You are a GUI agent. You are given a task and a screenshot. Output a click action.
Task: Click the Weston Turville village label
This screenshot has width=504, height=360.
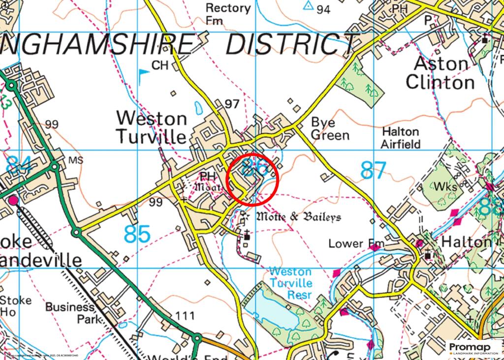[152, 127]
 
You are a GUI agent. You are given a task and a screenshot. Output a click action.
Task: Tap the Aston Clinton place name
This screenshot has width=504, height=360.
[441, 73]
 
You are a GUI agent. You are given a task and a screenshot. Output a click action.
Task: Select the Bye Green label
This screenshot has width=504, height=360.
[330, 129]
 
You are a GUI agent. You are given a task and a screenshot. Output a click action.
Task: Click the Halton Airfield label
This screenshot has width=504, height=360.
[401, 138]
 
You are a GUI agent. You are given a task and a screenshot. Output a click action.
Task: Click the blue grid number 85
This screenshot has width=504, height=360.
[137, 234]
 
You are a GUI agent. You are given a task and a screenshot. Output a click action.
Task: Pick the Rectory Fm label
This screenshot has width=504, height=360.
[228, 14]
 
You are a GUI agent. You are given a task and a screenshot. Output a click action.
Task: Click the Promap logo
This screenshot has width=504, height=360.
[473, 348]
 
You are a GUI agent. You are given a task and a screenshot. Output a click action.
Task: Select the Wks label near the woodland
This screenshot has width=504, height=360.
[445, 187]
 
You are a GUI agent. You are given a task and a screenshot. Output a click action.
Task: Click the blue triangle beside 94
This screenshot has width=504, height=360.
[309, 5]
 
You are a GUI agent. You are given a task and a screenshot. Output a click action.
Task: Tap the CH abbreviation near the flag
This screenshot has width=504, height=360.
[160, 65]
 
